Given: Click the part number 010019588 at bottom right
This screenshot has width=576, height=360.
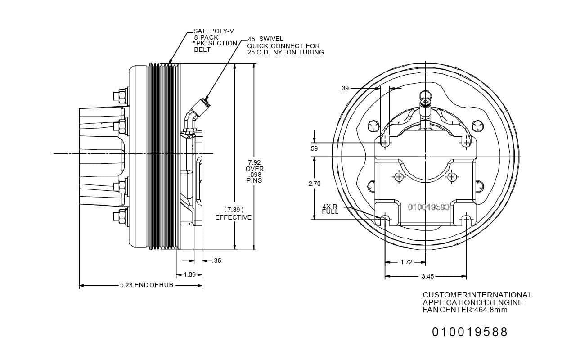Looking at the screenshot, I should (470, 332).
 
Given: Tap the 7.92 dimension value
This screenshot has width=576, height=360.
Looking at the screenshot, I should (254, 162).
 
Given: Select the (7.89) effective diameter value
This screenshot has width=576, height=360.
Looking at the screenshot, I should (234, 210).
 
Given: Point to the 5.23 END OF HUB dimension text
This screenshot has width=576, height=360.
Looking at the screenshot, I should (146, 285).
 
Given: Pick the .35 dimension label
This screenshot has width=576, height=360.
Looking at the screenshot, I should (217, 261).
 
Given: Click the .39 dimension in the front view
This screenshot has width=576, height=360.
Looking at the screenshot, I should (345, 89).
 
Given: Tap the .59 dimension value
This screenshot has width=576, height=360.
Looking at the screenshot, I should (314, 148).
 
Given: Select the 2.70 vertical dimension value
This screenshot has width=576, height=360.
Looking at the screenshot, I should (315, 184).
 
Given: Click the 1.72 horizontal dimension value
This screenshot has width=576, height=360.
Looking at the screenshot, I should (406, 262).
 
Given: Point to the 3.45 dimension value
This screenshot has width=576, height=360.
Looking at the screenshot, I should (427, 277).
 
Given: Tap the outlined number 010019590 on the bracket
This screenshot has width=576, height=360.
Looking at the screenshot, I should (428, 207).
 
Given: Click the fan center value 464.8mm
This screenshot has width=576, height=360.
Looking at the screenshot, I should (493, 310).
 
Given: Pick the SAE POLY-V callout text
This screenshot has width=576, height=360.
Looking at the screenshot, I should (214, 31).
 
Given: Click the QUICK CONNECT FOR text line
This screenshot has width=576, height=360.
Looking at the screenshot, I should (283, 46).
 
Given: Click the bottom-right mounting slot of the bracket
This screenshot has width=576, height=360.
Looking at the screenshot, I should (466, 220).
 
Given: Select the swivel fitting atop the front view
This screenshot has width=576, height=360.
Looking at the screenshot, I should (425, 101).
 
